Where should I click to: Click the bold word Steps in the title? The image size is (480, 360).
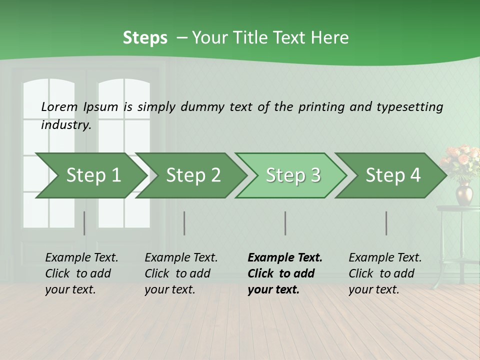(145, 38)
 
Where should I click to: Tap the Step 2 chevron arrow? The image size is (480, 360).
(193, 175)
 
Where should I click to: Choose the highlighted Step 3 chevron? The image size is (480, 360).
(293, 175)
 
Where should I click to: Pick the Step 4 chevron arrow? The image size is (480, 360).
(393, 175)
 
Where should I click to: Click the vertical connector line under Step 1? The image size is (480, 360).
(84, 223)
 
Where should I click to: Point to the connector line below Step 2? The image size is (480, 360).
(184, 223)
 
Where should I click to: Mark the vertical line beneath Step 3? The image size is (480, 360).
(285, 223)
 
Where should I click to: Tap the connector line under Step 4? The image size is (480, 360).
(386, 223)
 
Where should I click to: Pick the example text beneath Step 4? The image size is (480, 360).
(385, 273)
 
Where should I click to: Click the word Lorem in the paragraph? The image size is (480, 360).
(59, 106)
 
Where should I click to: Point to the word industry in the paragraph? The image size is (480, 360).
(66, 124)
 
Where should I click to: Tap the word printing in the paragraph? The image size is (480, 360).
(321, 107)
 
